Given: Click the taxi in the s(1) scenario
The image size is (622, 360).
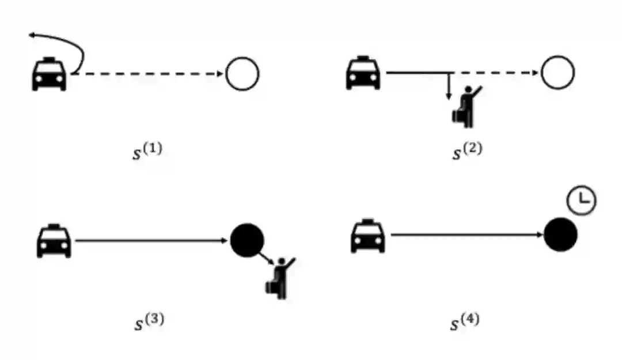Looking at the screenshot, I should [x=49, y=74].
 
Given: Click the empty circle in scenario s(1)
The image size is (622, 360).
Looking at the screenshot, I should [x=242, y=74].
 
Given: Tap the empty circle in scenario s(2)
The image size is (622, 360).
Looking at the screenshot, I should [x=557, y=73].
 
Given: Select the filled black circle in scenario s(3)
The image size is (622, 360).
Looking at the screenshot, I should [x=247, y=241].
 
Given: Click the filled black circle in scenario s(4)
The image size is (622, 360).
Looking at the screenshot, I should [x=560, y=234].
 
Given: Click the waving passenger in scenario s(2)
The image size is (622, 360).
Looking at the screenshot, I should [x=465, y=108].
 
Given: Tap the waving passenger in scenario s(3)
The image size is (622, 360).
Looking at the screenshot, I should [x=279, y=277].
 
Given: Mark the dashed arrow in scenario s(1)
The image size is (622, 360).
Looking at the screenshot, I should [x=150, y=74].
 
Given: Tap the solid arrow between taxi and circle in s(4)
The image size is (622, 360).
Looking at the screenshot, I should [x=466, y=234].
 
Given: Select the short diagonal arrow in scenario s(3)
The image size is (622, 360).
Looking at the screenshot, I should [x=266, y=259].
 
